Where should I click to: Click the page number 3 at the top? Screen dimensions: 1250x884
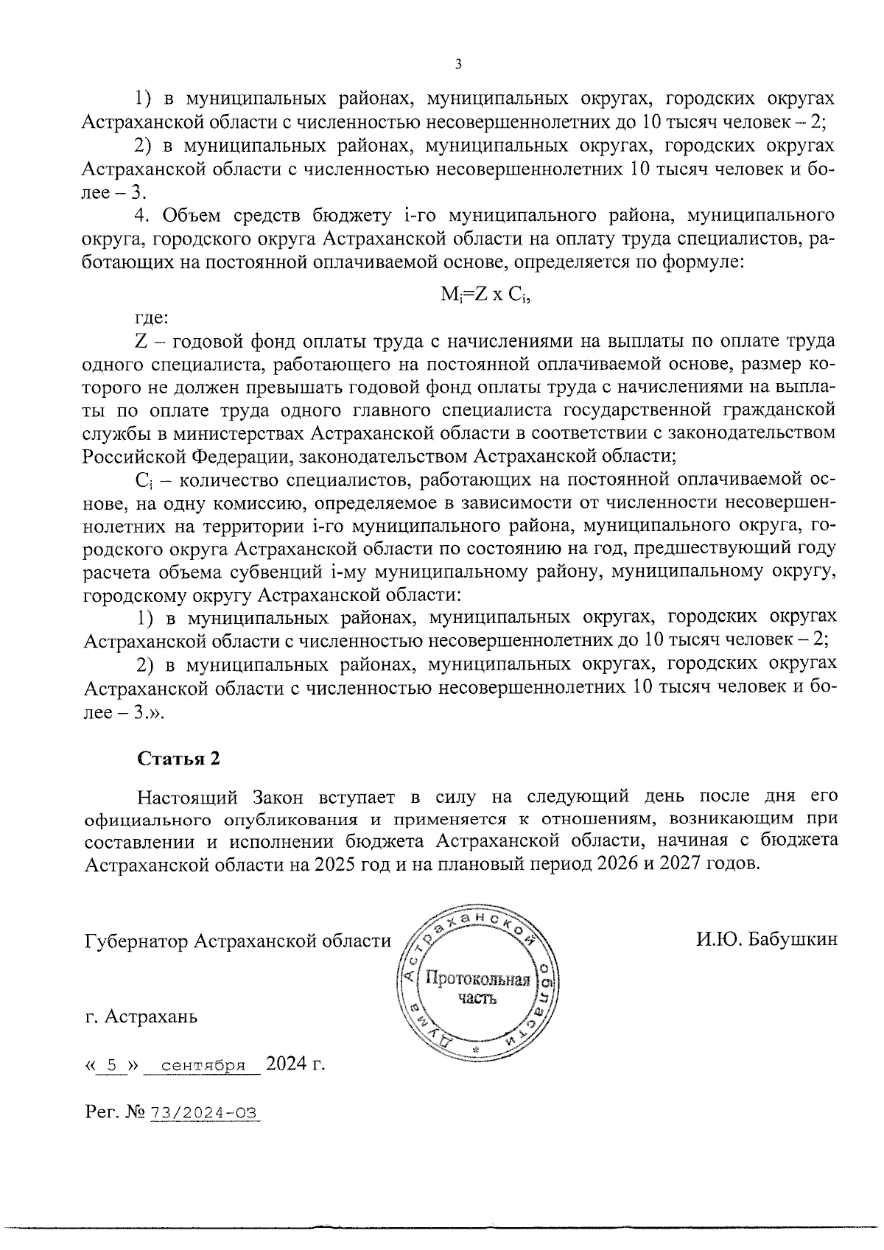point(457,65)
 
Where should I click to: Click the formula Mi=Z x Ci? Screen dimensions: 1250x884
point(485,295)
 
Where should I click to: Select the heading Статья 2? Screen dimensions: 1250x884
point(179,759)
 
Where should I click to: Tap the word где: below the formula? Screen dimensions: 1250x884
point(152,318)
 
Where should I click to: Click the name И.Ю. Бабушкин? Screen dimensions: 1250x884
point(765,940)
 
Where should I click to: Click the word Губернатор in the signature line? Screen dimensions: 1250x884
point(135,941)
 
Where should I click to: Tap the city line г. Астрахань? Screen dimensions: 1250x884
point(141,1017)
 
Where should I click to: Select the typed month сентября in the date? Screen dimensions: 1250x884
point(203,1065)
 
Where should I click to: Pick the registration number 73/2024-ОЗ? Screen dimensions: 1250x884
point(205,1113)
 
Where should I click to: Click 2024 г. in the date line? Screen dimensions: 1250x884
point(295,1064)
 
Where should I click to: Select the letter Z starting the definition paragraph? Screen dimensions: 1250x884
point(141,341)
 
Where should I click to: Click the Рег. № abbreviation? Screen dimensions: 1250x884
point(115,1113)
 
